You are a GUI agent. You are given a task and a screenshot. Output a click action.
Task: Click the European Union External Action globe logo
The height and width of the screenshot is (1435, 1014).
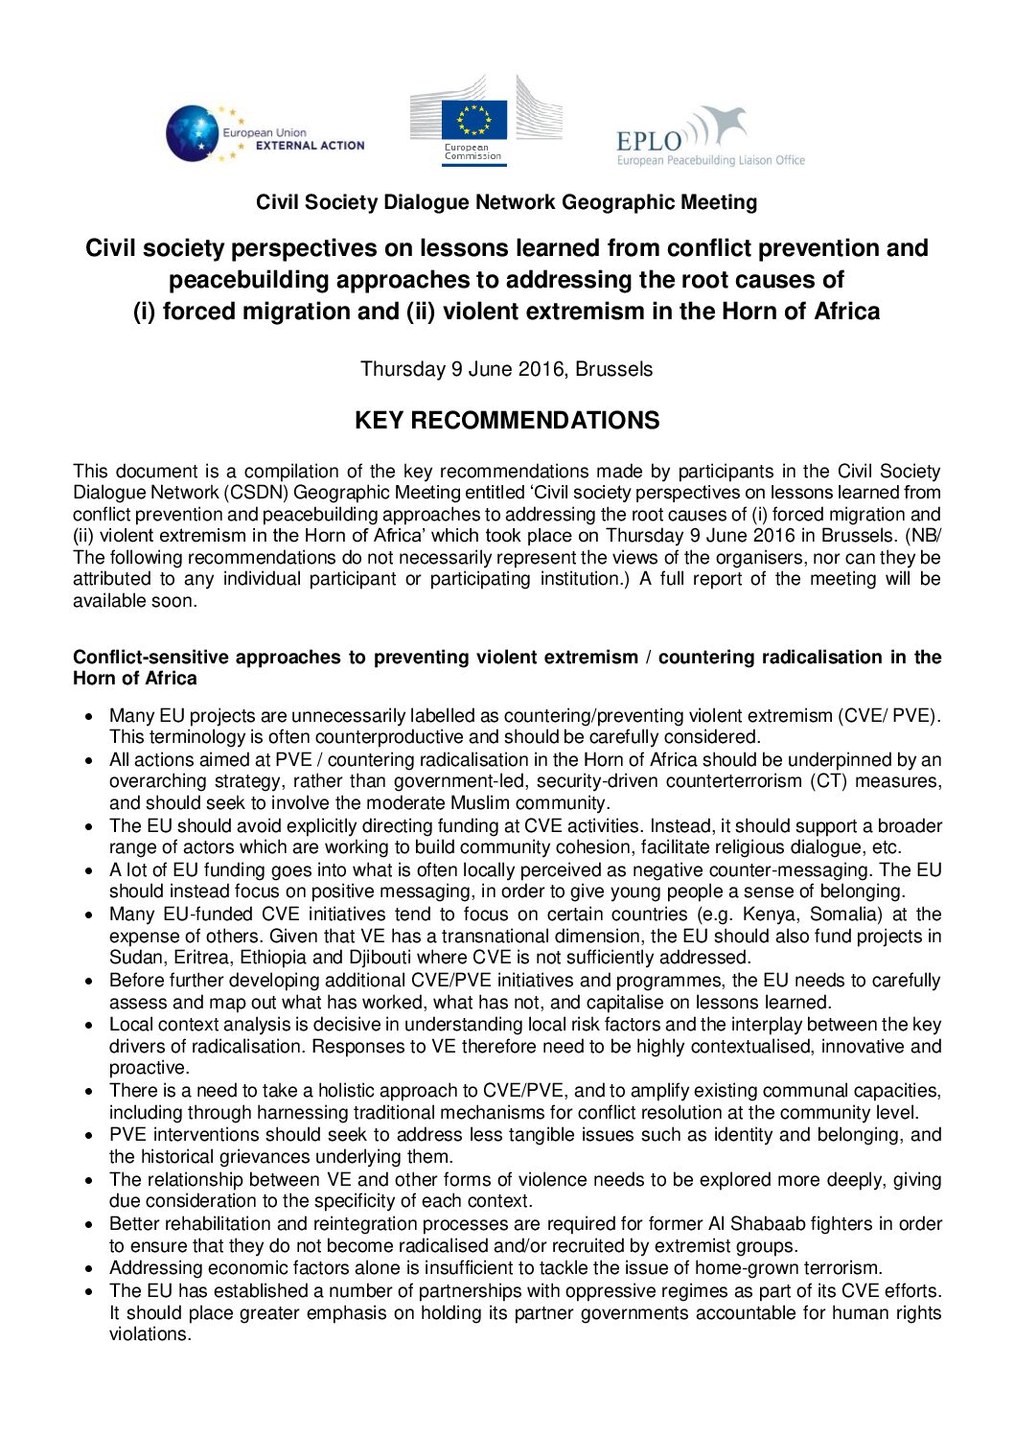click(x=193, y=133)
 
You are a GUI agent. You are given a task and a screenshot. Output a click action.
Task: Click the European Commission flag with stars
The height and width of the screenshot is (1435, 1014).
click(x=473, y=121)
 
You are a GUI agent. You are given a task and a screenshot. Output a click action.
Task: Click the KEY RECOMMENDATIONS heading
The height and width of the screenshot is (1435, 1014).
click(x=507, y=421)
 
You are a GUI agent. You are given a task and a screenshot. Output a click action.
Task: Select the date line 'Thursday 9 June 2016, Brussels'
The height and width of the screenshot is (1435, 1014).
click(x=506, y=369)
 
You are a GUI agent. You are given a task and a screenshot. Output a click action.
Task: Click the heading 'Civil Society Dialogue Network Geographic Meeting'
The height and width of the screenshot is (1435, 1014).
click(x=506, y=202)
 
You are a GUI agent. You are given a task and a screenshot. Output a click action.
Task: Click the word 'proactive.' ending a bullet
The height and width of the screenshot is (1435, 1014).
click(x=150, y=1068)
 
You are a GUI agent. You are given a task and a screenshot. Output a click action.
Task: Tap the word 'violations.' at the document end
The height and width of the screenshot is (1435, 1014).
click(x=150, y=1334)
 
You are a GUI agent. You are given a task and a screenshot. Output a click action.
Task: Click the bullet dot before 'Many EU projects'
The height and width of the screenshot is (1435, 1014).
click(x=89, y=716)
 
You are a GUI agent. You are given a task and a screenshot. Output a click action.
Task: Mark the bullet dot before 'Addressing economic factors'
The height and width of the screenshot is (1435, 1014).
click(x=89, y=1269)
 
